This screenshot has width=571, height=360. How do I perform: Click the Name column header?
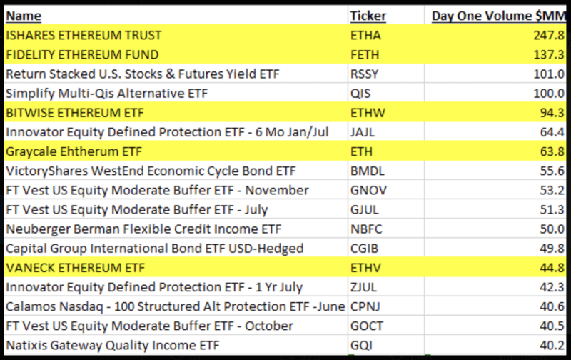[24, 16]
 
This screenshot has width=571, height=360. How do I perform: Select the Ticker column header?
[368, 16]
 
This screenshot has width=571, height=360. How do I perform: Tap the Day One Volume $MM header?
[498, 16]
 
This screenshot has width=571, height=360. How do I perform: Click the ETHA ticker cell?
[365, 35]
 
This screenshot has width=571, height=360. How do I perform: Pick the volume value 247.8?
[549, 35]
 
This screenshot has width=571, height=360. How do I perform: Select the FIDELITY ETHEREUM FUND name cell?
[82, 55]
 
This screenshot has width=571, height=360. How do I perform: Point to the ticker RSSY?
[364, 74]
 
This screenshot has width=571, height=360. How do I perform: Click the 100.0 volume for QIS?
[549, 94]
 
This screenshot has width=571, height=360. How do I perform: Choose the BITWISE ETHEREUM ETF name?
[75, 113]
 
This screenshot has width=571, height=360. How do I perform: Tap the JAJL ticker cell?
[363, 132]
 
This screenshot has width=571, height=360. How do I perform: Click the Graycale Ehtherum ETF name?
[74, 151]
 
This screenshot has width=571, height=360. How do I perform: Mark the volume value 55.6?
[552, 171]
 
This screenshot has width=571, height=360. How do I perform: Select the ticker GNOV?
[368, 190]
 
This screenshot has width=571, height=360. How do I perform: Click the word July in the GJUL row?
[256, 210]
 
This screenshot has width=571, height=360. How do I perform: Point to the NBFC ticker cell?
[366, 229]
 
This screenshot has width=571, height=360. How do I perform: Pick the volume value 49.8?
[552, 249]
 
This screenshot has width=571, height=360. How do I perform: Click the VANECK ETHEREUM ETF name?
[76, 268]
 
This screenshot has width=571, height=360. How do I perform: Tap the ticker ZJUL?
[363, 287]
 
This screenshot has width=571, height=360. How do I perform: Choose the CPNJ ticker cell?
[365, 306]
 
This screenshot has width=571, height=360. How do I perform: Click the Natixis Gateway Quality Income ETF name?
[113, 346]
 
